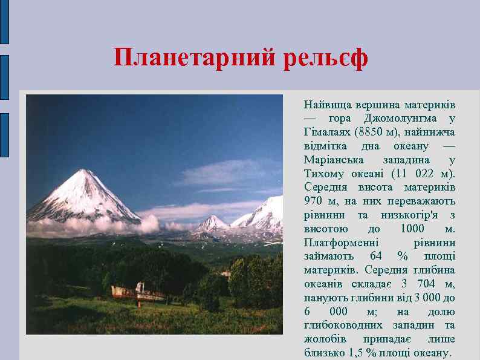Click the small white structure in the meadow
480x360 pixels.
click(x=140, y=290)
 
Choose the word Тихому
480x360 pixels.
click(x=322, y=174)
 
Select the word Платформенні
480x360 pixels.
click(x=336, y=243)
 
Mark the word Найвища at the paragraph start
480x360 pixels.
click(x=325, y=104)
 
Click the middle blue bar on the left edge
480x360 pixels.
click(x=4, y=76)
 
